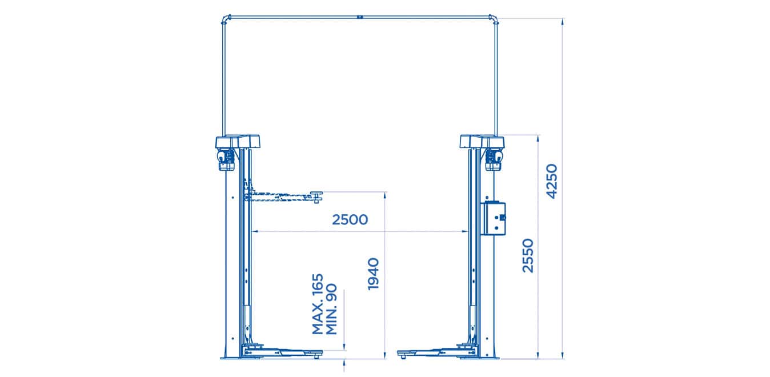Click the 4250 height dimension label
[552, 181]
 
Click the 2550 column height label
[528, 256]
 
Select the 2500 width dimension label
[350, 219]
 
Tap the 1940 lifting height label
[373, 274]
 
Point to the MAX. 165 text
[318, 304]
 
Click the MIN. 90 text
[331, 308]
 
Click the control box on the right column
[493, 218]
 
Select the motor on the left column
[226, 159]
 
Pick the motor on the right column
[494, 159]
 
